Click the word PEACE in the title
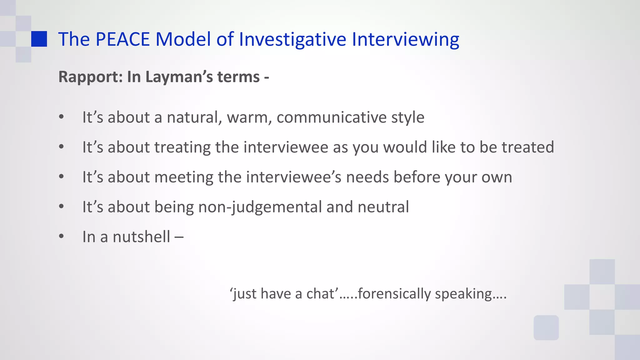pyautogui.click(x=122, y=39)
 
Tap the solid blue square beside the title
pyautogui.click(x=39, y=39)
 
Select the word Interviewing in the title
pyautogui.click(x=405, y=39)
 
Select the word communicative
pyautogui.click(x=332, y=117)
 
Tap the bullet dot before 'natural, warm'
pyautogui.click(x=61, y=117)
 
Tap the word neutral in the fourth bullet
pyautogui.click(x=383, y=207)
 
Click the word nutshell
pyautogui.click(x=141, y=237)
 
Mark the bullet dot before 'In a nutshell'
pyautogui.click(x=61, y=236)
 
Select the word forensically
pyautogui.click(x=394, y=294)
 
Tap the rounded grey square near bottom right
pyautogui.click(x=546, y=327)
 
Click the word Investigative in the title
pyautogui.click(x=292, y=39)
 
